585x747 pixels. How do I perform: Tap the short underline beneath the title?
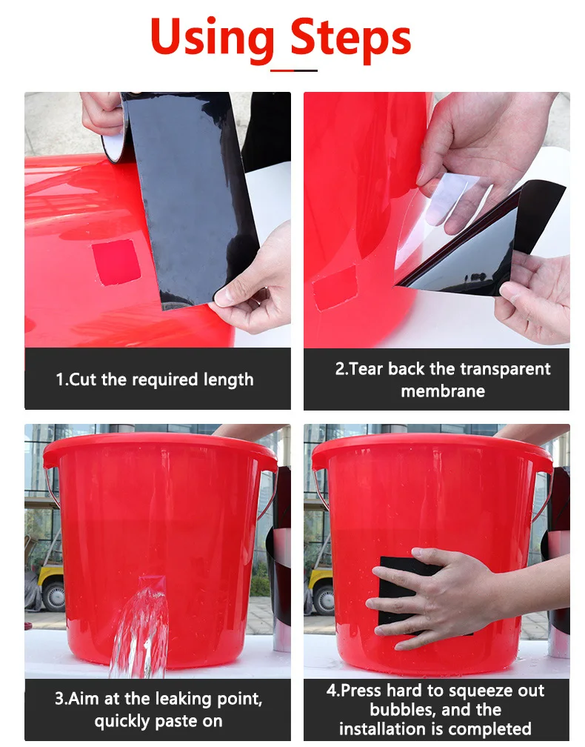pyautogui.click(x=294, y=70)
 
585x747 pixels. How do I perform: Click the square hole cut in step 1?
pyautogui.click(x=116, y=262)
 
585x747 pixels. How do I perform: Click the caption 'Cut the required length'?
pyautogui.click(x=155, y=379)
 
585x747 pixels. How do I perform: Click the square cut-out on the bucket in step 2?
pyautogui.click(x=335, y=287)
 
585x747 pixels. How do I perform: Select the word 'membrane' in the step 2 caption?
pyautogui.click(x=443, y=391)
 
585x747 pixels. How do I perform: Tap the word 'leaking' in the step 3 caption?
pyautogui.click(x=183, y=700)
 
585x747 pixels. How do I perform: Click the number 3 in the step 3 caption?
pyautogui.click(x=59, y=699)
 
